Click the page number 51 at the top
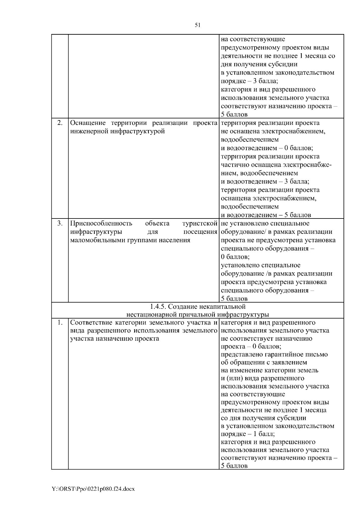(x=198, y=25)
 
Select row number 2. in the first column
(x=60, y=123)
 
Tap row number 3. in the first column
(x=60, y=223)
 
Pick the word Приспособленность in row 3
(x=101, y=224)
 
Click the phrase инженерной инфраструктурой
(x=117, y=132)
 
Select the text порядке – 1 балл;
(x=248, y=434)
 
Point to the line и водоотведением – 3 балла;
(x=265, y=182)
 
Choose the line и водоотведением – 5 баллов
(x=266, y=215)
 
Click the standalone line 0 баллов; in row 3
(x=235, y=257)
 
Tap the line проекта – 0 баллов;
(x=251, y=347)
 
